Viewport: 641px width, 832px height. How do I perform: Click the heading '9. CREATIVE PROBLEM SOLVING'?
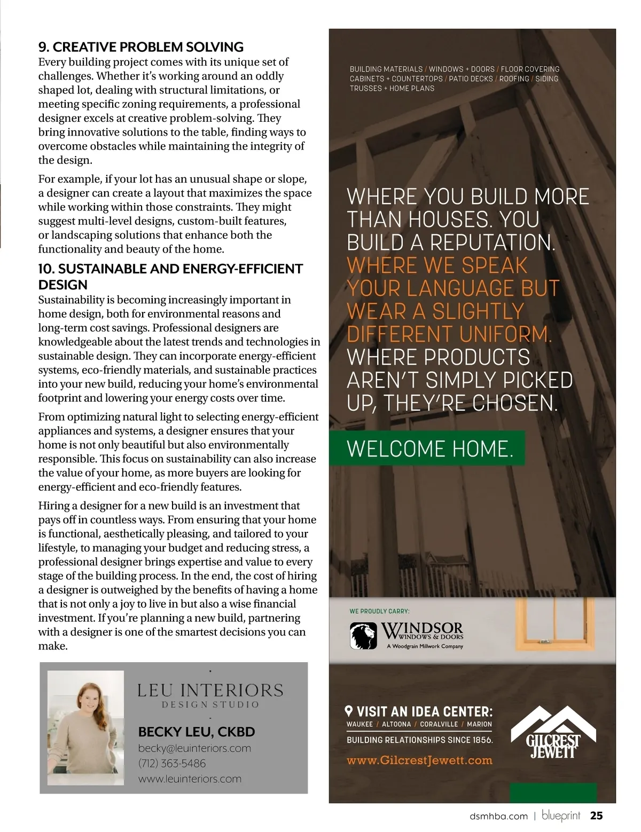point(141,47)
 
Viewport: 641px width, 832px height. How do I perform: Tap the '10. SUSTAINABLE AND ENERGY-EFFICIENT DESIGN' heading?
point(170,276)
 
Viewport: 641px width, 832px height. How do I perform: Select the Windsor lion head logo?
point(363,635)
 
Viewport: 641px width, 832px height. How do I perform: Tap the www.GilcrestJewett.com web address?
point(419,760)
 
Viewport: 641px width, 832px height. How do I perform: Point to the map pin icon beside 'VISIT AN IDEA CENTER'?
point(349,711)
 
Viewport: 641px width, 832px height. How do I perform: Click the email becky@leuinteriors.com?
point(194,748)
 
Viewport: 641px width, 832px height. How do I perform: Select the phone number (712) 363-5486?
point(171,764)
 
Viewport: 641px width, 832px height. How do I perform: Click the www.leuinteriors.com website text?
point(190,779)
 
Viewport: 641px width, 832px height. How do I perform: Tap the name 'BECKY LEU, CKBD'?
point(197,732)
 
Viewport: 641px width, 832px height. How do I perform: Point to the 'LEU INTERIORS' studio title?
point(210,690)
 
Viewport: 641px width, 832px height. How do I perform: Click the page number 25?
point(596,815)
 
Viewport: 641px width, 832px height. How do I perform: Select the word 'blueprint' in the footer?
point(561,815)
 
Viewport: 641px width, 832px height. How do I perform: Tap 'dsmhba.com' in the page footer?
point(498,816)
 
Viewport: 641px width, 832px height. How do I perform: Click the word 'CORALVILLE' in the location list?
point(439,725)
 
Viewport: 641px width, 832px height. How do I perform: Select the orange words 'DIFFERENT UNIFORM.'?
point(449,334)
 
